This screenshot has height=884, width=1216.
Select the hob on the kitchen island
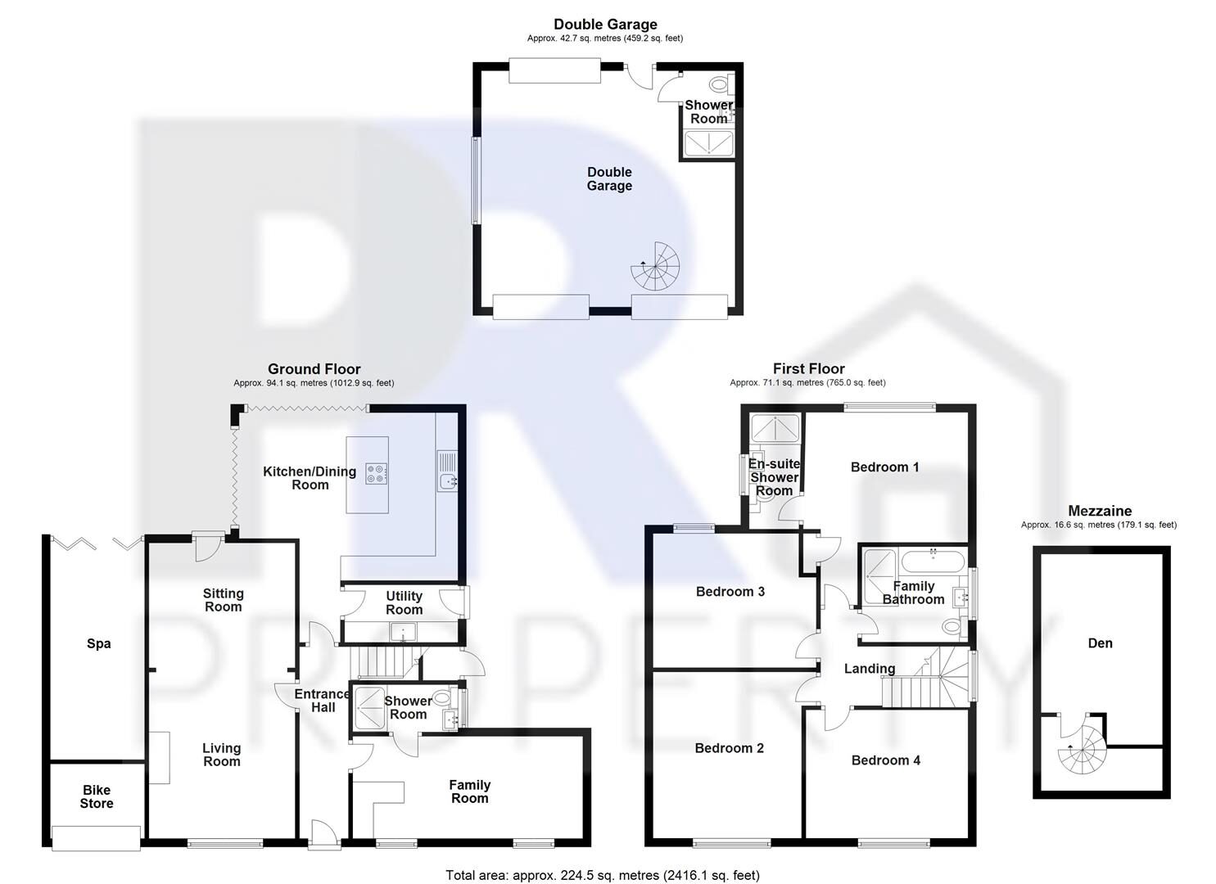[x=377, y=474]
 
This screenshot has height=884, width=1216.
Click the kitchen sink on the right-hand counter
[x=447, y=482]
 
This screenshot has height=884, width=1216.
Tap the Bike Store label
[x=97, y=796]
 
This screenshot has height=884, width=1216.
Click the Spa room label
[x=99, y=643]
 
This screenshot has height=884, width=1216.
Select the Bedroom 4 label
[x=885, y=760]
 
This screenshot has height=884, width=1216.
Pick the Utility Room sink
[x=403, y=631]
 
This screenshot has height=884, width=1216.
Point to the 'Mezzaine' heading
[x=1099, y=512]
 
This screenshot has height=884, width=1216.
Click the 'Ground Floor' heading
[x=314, y=369]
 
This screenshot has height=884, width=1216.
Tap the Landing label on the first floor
[x=869, y=669]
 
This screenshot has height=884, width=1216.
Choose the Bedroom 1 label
[x=884, y=467]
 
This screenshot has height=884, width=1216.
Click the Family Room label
[x=469, y=792]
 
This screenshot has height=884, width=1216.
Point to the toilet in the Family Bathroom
[x=952, y=628]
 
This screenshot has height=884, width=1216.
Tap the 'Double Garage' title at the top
[x=605, y=25]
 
